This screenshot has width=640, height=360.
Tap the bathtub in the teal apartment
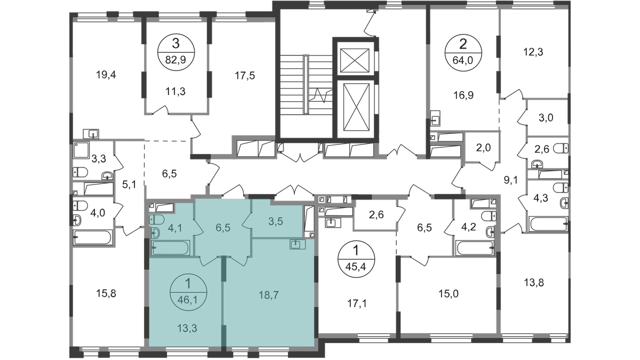[170, 247]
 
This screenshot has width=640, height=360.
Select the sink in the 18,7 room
[295, 244]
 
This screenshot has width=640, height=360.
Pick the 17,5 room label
[244, 76]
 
